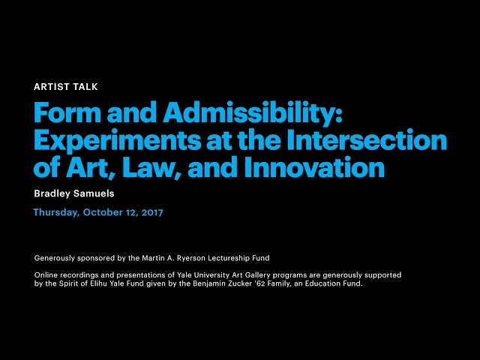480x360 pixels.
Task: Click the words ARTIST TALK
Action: coord(66,87)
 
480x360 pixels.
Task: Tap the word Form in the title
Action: coord(67,112)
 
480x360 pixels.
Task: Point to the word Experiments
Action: coord(117,141)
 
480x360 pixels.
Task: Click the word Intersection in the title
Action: coord(367,139)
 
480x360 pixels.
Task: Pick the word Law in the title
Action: coord(151,166)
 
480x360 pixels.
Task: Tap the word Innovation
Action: coord(315,166)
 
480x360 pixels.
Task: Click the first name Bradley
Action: coord(52,193)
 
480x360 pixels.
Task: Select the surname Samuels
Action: coord(94,193)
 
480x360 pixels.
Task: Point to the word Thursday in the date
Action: coord(56,212)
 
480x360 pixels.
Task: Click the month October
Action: coord(103,212)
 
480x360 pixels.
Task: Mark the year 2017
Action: coord(152,212)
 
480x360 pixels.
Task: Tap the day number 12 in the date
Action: coord(132,212)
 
